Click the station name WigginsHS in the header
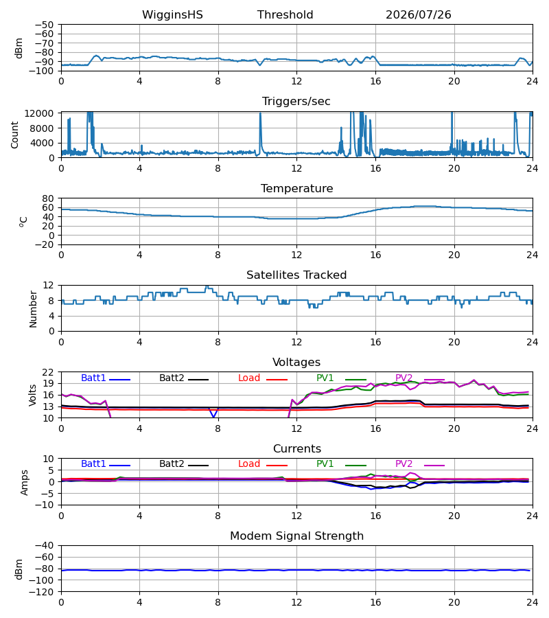click(x=172, y=15)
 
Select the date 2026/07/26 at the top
click(x=418, y=15)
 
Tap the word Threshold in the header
click(x=285, y=15)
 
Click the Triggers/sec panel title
click(x=296, y=102)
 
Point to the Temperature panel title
click(x=296, y=188)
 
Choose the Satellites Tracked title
click(x=296, y=275)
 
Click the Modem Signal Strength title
click(x=296, y=536)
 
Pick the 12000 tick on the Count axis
click(x=39, y=113)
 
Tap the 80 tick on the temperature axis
click(x=48, y=198)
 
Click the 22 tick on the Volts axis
click(x=48, y=372)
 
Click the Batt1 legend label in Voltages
click(x=93, y=378)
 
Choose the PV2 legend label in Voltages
click(x=404, y=378)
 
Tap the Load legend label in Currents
click(x=249, y=464)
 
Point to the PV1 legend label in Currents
click(x=325, y=464)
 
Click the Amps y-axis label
click(x=25, y=483)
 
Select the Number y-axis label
click(x=33, y=309)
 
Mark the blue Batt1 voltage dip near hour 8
click(x=213, y=413)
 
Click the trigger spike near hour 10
click(x=260, y=133)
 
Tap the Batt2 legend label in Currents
click(x=172, y=464)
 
